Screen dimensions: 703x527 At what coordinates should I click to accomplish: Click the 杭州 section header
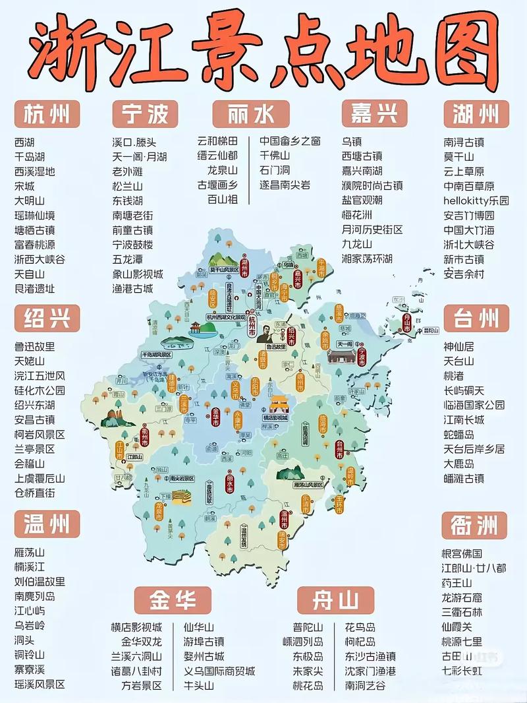[47, 114]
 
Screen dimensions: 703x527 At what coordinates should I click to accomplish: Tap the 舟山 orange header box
[335, 600]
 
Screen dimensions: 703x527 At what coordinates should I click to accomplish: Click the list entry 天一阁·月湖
[139, 156]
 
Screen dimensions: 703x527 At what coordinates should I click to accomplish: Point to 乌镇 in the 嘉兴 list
[352, 142]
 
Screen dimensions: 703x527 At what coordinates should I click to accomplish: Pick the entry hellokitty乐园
[476, 200]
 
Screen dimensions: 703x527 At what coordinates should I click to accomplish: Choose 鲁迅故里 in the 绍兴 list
[35, 346]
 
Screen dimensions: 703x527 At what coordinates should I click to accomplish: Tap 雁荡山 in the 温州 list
[30, 553]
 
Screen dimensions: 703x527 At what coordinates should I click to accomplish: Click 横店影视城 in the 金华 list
[136, 627]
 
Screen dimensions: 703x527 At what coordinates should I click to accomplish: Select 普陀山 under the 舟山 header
[308, 627]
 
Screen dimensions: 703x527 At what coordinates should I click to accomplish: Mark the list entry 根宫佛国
[462, 553]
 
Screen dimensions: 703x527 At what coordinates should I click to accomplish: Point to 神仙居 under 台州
[458, 346]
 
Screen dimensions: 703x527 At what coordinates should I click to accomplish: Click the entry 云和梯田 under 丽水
[217, 142]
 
